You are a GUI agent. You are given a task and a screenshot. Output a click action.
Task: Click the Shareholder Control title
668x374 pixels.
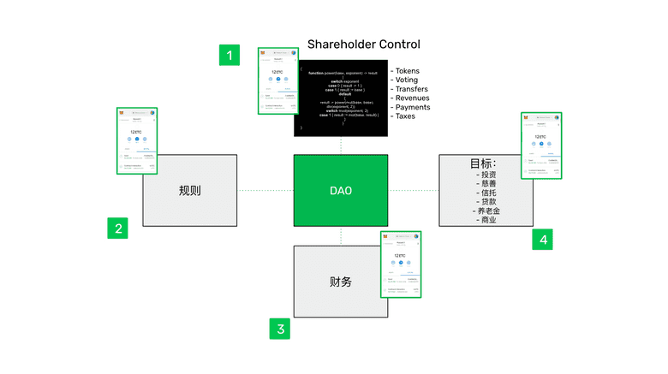(x=363, y=45)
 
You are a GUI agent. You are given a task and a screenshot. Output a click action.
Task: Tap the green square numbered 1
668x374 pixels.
(x=228, y=55)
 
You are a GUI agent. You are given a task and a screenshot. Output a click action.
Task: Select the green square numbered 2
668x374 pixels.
(x=118, y=228)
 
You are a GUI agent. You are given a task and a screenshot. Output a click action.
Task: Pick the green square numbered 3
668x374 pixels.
(x=278, y=329)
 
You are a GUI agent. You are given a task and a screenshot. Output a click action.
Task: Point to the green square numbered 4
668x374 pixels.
(x=542, y=240)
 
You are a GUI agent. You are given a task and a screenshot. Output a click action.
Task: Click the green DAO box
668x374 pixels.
(x=341, y=191)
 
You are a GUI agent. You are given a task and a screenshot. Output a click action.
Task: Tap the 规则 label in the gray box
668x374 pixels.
(x=190, y=191)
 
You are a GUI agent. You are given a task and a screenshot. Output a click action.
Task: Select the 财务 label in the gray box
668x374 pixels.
(x=340, y=281)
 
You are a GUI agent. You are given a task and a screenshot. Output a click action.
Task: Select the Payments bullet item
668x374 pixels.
(x=412, y=107)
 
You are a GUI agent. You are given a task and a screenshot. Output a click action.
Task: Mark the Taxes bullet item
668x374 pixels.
(x=405, y=116)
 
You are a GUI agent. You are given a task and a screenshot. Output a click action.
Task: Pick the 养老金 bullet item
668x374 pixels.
(x=486, y=210)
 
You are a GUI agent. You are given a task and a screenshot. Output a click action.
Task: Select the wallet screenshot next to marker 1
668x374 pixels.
(x=278, y=80)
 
